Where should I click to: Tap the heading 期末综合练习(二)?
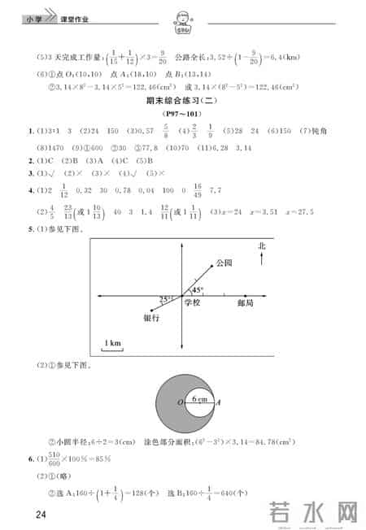[x=182, y=100]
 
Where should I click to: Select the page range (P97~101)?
[x=181, y=114]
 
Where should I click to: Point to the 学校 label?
[x=192, y=302]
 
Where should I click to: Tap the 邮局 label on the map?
[x=246, y=302]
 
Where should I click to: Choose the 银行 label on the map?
[x=150, y=318]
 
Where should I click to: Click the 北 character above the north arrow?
[x=261, y=245]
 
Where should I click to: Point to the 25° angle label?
[x=166, y=298]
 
